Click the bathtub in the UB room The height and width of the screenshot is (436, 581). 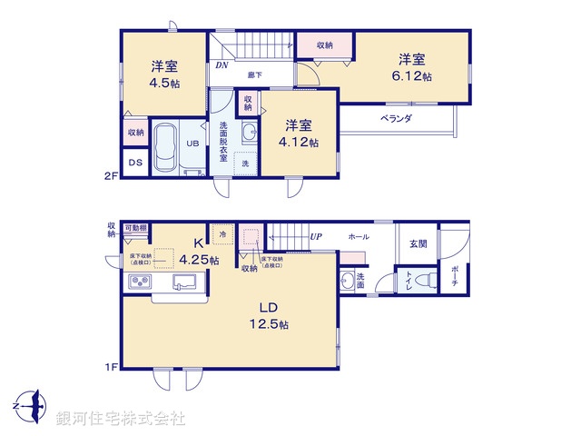coord(164,148)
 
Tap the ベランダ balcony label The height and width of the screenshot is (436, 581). coord(396,118)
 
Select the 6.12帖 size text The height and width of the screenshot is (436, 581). coord(413,76)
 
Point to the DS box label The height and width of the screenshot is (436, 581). coord(134,163)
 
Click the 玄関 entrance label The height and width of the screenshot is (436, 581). coord(417,243)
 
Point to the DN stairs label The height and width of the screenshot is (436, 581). coord(222,65)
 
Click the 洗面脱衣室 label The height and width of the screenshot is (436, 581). coord(223,142)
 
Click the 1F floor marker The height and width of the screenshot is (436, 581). coord(112,367)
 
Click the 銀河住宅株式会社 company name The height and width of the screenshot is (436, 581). coord(120,419)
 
